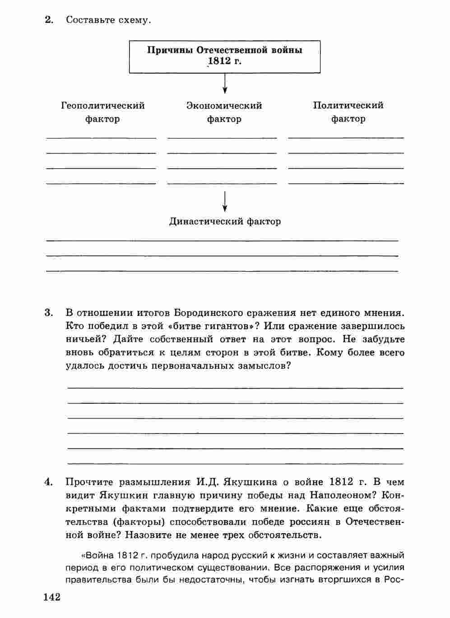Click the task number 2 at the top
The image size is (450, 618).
(x=49, y=20)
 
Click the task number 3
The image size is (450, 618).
(x=49, y=312)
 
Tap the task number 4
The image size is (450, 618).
(x=49, y=482)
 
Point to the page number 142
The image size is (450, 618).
(x=52, y=597)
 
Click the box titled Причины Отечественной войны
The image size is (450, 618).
(x=225, y=56)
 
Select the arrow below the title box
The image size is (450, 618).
(x=225, y=83)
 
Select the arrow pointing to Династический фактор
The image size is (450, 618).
(x=225, y=201)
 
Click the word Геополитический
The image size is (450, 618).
(x=103, y=106)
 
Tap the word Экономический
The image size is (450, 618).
(x=224, y=106)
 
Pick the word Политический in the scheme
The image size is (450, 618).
(x=348, y=105)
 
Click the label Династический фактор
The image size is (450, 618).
(x=225, y=221)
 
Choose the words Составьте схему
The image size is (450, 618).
(x=108, y=20)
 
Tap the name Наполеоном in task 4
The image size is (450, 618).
(x=343, y=495)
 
